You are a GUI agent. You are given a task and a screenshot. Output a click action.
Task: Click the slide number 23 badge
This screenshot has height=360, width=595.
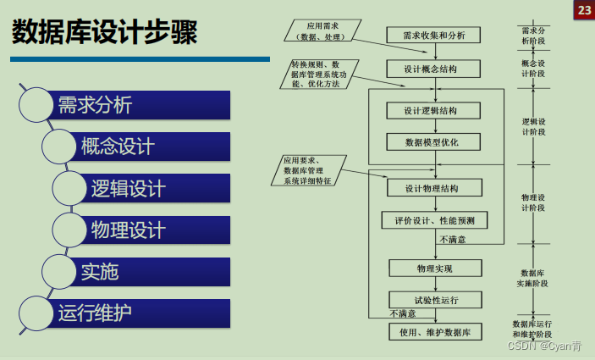click(x=584, y=10)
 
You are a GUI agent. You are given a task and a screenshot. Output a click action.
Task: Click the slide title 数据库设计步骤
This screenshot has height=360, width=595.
click(x=105, y=34)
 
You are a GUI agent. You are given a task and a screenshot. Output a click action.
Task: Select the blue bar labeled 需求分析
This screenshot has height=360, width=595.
click(x=140, y=105)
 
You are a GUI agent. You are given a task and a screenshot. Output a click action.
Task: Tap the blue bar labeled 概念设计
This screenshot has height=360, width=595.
click(x=152, y=146)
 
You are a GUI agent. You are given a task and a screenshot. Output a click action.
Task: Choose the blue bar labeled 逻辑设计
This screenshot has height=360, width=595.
click(x=157, y=188)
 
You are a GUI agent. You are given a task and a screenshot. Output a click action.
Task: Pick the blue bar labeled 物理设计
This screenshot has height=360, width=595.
click(x=157, y=230)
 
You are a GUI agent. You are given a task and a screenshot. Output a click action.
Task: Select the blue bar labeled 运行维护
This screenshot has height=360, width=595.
click(x=140, y=313)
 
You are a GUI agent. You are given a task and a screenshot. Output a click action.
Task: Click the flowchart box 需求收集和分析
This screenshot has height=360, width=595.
click(x=433, y=35)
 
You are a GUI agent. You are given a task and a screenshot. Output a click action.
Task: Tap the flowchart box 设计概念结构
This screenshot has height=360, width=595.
click(x=433, y=69)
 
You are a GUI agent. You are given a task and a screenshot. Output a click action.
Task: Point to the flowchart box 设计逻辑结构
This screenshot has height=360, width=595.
click(x=433, y=110)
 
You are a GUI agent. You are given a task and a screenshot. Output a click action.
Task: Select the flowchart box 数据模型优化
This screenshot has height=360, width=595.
click(x=433, y=141)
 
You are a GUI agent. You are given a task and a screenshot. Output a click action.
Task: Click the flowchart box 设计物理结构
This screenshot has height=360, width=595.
click(x=433, y=187)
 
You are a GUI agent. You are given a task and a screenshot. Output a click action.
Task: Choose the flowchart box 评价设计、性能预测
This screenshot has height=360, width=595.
click(x=433, y=220)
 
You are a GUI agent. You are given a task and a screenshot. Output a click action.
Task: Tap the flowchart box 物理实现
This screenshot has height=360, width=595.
click(x=433, y=268)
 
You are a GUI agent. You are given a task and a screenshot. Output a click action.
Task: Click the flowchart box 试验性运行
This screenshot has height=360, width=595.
click(x=433, y=299)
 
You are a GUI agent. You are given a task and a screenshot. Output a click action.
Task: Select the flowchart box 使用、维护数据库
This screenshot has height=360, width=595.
click(x=433, y=331)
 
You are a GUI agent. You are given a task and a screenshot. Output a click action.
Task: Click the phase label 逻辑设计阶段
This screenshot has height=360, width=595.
click(x=533, y=126)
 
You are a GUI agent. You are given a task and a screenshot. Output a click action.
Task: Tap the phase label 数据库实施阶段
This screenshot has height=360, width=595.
click(x=533, y=278)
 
